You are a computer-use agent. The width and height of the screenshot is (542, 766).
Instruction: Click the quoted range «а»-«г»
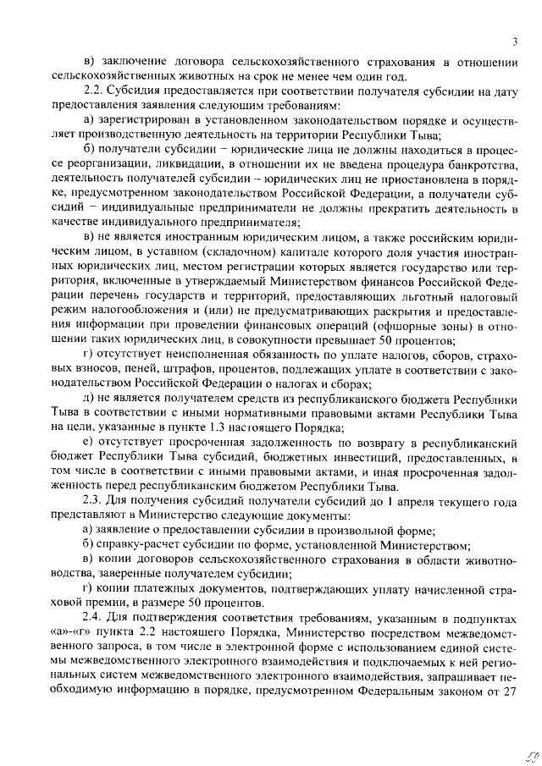click(74, 635)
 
